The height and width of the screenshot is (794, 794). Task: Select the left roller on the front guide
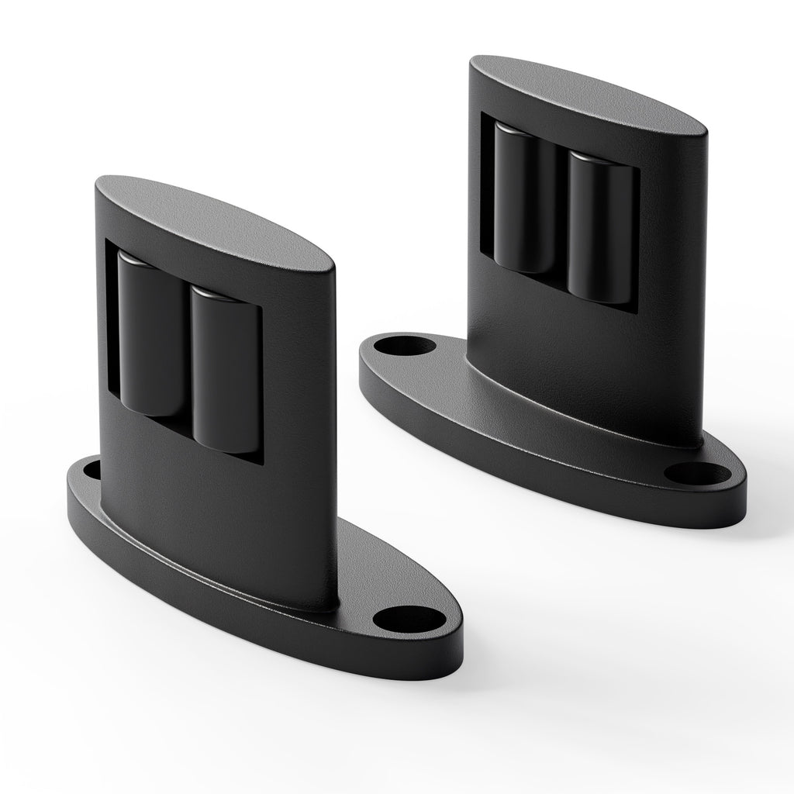[x=149, y=333]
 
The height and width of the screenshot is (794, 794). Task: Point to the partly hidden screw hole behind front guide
[x=91, y=470]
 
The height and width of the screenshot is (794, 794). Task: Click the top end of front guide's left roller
[x=140, y=260]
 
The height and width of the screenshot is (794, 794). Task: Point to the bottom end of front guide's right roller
[x=223, y=447]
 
